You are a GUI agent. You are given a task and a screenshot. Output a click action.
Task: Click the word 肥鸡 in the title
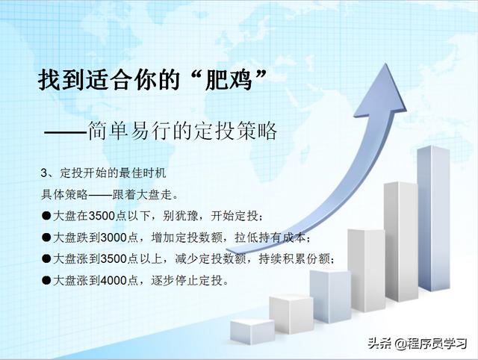tap(229, 80)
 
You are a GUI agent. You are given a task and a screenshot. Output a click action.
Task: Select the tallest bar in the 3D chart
tap(434, 218)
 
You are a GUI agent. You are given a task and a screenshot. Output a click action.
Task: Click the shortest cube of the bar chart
tap(252, 332)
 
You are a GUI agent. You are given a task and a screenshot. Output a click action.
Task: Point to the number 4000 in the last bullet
tap(113, 280)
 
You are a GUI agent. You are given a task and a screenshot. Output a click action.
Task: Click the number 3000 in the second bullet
tap(113, 238)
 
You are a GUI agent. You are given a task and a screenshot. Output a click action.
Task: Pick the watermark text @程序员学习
tap(431, 344)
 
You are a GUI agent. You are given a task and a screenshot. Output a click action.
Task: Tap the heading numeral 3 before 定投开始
tap(44, 173)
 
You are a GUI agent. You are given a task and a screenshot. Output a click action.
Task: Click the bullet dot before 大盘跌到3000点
tap(46, 238)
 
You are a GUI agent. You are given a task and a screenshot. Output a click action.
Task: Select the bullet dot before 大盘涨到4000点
tap(46, 280)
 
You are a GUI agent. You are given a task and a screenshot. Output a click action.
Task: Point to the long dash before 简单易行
tap(66, 132)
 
